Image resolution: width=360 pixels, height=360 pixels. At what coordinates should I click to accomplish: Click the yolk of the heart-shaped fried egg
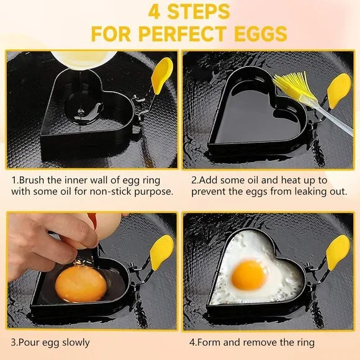tap(250, 275)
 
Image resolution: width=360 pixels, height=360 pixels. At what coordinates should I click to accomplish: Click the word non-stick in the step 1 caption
tap(108, 191)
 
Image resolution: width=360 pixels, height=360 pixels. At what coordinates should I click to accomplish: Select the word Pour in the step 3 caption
tap(30, 342)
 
